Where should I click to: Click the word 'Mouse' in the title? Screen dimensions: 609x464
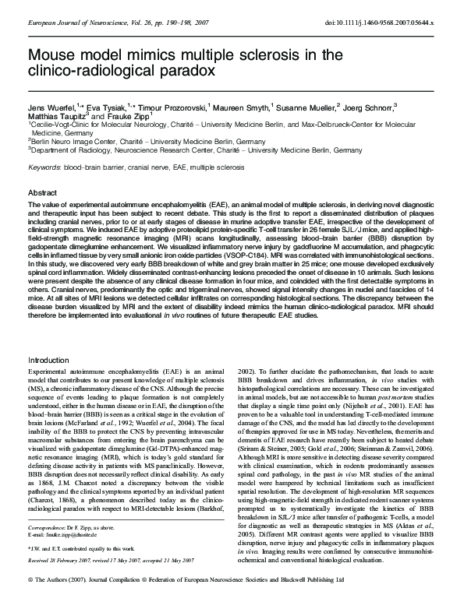coord(51,55)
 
